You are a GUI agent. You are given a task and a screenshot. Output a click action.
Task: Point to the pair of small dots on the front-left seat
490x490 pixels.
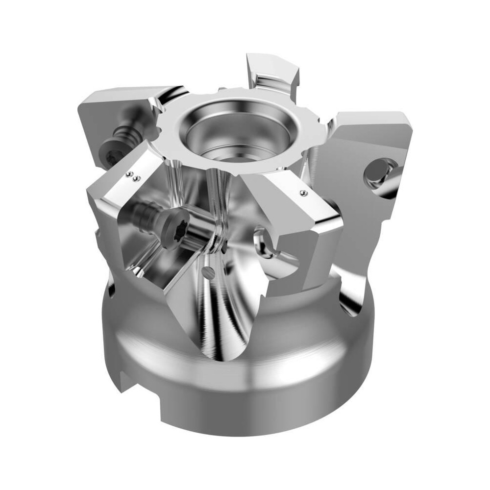pyautogui.click(x=132, y=175)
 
